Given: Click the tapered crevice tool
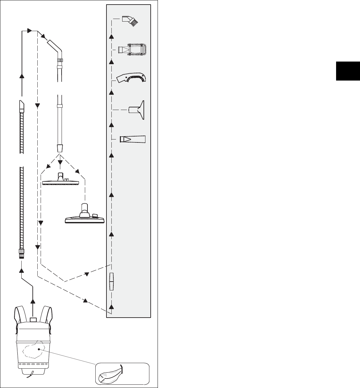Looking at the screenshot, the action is (x=132, y=139).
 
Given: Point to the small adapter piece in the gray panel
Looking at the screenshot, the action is (x=111, y=281).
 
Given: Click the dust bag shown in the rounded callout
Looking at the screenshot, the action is (x=111, y=373).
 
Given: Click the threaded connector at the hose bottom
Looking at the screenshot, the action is (x=22, y=253).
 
